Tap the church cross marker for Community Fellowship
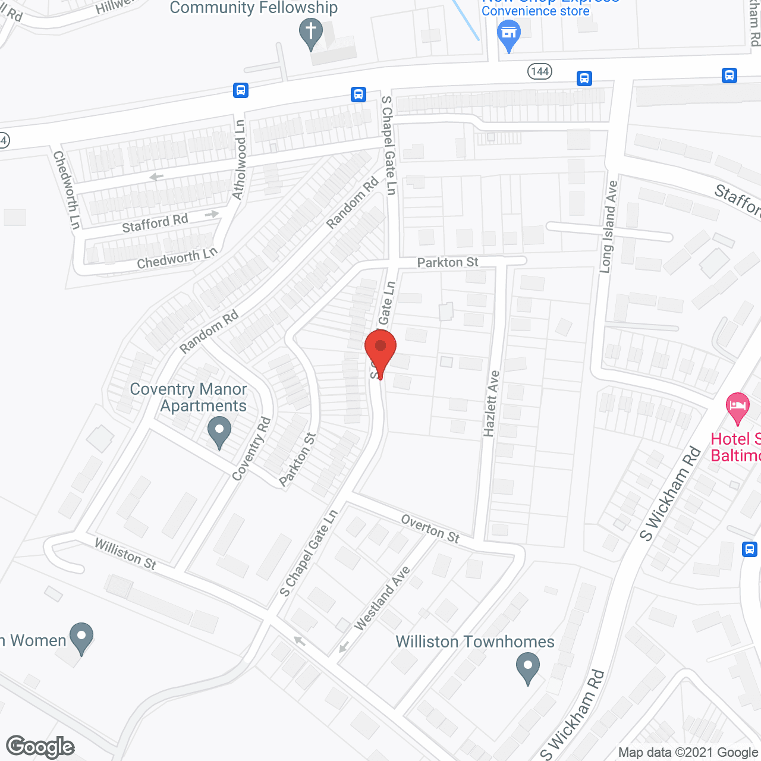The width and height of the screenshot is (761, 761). (310, 33)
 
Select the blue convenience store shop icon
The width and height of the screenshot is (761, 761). (508, 34)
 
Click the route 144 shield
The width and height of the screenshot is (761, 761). (539, 72)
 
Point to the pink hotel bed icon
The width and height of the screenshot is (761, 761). (737, 408)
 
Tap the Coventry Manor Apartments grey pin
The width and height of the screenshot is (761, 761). (219, 432)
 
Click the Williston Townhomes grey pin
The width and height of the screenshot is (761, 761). (527, 667)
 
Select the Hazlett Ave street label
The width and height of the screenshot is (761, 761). (492, 404)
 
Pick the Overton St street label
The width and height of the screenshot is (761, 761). (430, 529)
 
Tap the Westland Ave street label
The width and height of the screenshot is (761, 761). (382, 598)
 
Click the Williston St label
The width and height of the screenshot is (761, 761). (125, 554)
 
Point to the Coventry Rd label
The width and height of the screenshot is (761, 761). (251, 449)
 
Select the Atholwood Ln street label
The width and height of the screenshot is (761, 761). (239, 160)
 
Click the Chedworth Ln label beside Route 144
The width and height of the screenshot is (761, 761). (66, 190)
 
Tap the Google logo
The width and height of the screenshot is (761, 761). (40, 747)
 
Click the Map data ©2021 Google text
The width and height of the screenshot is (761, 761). (688, 753)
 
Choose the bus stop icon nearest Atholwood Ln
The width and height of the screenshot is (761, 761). (240, 90)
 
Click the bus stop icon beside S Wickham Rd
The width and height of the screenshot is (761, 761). (749, 549)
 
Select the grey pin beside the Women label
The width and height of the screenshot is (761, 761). (81, 637)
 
